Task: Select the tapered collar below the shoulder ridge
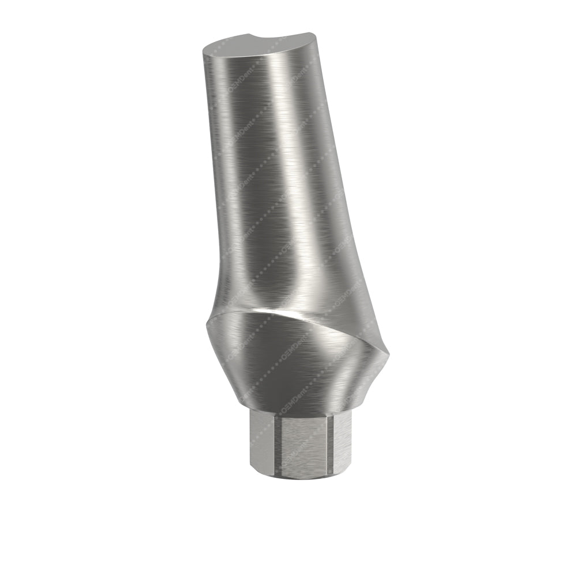tap(288, 369)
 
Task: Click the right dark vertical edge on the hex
tap(329, 444)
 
